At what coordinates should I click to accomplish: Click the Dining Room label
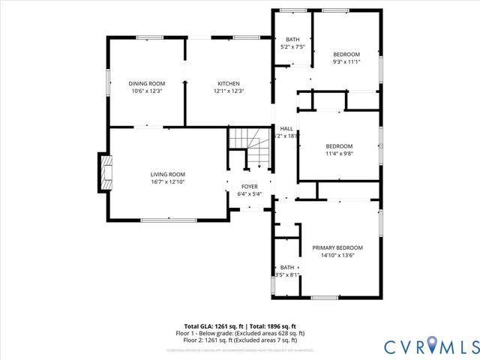pyautogui.click(x=146, y=83)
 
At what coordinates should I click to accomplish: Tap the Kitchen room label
pyautogui.click(x=229, y=83)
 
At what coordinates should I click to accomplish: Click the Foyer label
pyautogui.click(x=250, y=187)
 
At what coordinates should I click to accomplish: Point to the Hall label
pyautogui.click(x=286, y=128)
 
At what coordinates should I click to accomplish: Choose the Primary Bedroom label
pyautogui.click(x=337, y=247)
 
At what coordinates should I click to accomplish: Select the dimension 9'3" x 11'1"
pyautogui.click(x=346, y=61)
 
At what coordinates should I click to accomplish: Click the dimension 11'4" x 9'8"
pyautogui.click(x=339, y=154)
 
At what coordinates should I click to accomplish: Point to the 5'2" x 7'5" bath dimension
pyautogui.click(x=292, y=46)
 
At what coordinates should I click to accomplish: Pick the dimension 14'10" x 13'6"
pyautogui.click(x=337, y=255)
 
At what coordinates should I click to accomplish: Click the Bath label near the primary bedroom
pyautogui.click(x=287, y=268)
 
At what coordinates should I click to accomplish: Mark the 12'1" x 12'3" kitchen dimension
pyautogui.click(x=229, y=91)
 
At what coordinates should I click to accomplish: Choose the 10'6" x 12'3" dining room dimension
pyautogui.click(x=146, y=91)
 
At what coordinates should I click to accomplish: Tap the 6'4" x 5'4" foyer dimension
pyautogui.click(x=250, y=194)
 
